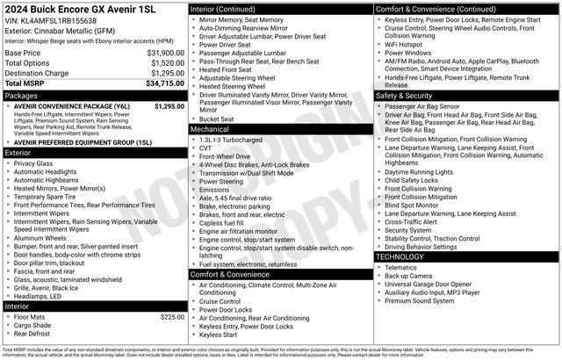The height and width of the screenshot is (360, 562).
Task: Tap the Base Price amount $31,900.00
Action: click(165, 53)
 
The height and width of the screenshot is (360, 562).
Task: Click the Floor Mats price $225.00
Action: click(172, 317)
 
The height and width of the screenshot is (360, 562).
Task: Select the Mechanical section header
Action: click(211, 129)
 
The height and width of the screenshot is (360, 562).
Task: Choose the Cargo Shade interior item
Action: click(34, 325)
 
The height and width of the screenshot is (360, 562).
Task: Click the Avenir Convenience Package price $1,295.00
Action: click(169, 106)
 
